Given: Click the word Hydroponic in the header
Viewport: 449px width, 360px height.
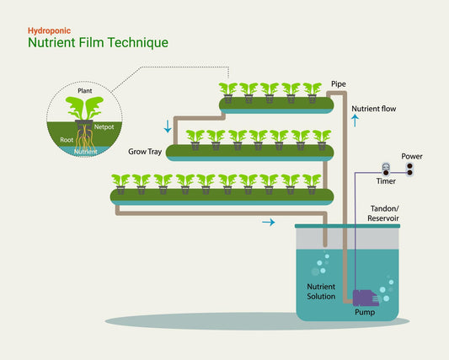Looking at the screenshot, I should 48,30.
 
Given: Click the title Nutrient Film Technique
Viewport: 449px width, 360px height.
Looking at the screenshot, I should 98,43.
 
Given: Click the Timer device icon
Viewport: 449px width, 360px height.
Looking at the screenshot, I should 385,168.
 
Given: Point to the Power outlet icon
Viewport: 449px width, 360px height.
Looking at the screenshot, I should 410,169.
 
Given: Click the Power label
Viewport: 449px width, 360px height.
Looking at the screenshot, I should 412,156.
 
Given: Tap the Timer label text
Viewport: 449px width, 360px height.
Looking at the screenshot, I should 386,181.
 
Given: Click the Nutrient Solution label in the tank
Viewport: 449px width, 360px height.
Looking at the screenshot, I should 321,292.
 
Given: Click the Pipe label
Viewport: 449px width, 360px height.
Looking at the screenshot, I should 339,85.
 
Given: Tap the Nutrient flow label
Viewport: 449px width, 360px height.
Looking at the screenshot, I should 373,109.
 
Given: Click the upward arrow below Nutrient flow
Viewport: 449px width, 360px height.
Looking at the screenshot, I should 355,121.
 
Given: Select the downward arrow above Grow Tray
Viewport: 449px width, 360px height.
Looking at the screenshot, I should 168,127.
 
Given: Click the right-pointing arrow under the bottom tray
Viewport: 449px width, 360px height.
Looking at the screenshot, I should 268,223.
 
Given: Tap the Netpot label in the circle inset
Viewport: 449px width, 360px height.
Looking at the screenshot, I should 104,126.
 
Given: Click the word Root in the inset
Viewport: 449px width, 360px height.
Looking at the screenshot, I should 65,142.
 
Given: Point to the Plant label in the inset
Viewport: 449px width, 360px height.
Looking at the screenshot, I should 85,89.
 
